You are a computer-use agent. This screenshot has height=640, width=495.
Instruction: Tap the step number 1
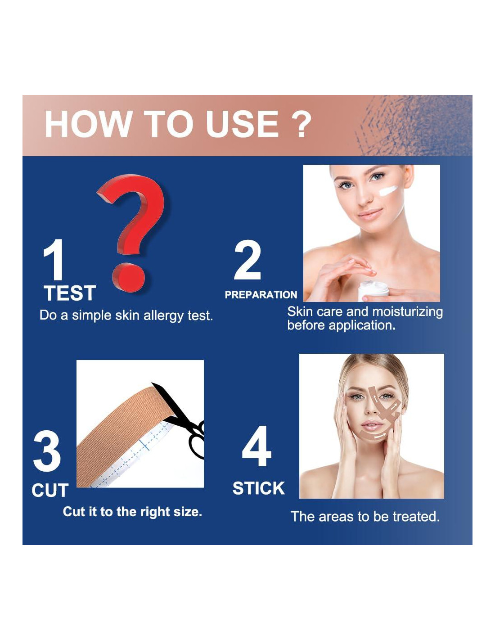[x=54, y=260]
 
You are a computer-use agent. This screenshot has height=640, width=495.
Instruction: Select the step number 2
[x=247, y=260]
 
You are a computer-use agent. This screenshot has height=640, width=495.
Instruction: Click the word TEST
[x=70, y=293]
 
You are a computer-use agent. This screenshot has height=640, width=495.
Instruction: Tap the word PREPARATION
[x=261, y=295]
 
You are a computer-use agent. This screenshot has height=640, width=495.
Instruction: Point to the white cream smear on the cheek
[x=388, y=190]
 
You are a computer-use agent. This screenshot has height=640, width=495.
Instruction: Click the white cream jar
[x=373, y=290]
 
